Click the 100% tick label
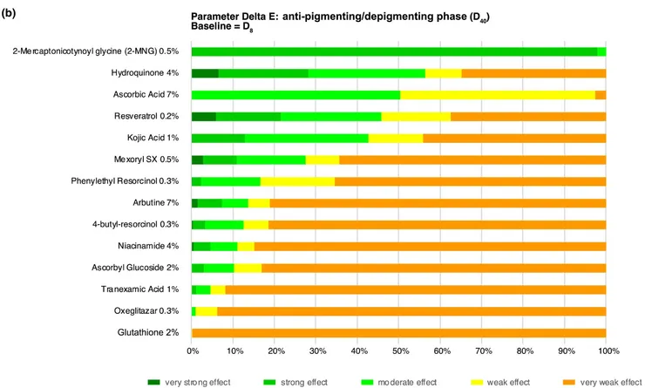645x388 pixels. (608, 351)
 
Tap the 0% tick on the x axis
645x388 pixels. (193, 351)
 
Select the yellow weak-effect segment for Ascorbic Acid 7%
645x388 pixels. (497, 95)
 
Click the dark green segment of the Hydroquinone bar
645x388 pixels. (205, 73)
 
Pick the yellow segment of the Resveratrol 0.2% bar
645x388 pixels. (416, 116)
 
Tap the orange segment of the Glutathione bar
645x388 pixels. (399, 332)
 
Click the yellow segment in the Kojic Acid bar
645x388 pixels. (396, 138)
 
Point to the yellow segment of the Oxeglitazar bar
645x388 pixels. (207, 310)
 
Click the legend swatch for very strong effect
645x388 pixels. (154, 381)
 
